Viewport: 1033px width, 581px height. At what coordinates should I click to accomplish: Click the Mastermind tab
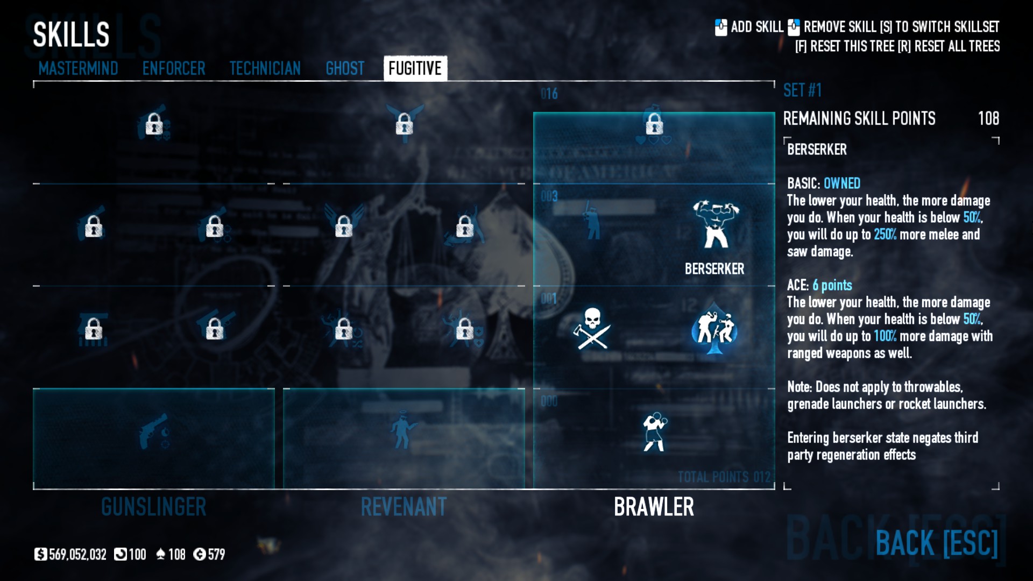tap(78, 68)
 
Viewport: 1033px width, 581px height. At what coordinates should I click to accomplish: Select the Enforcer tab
tap(173, 68)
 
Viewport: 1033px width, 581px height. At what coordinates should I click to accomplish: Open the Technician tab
tap(265, 68)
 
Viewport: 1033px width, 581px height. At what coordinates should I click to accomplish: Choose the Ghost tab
tap(345, 68)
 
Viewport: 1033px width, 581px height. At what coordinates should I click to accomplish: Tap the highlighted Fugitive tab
tap(415, 68)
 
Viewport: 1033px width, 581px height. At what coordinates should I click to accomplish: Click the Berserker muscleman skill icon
tap(715, 224)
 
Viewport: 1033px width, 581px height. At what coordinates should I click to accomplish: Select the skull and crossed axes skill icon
tap(592, 328)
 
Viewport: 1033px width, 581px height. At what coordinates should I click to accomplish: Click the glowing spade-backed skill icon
tap(714, 328)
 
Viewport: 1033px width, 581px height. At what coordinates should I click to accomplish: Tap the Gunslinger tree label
tap(154, 507)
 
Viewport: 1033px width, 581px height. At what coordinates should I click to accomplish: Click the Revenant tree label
tap(404, 507)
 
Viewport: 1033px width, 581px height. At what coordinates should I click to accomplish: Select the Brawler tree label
tap(654, 507)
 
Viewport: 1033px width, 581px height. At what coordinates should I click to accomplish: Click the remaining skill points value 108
tap(988, 118)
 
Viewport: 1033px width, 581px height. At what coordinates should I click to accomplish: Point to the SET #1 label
tap(802, 90)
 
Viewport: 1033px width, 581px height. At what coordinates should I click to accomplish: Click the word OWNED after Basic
tap(842, 183)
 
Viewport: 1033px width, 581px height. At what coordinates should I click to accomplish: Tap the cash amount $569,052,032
tap(71, 555)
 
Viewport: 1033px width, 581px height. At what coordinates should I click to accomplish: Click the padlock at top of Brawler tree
tap(654, 125)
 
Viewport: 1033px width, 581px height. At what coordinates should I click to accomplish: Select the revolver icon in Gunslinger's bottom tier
tap(154, 431)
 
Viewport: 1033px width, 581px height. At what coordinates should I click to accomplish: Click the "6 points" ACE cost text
tap(832, 285)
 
